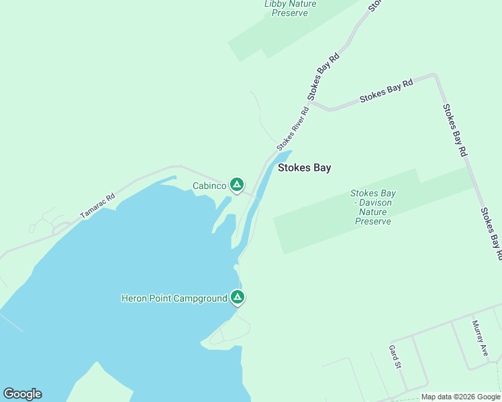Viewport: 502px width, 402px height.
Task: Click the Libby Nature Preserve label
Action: pos(290,8)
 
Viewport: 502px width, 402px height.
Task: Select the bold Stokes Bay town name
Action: pos(304,168)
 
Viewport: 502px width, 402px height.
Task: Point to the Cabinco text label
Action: pos(209,186)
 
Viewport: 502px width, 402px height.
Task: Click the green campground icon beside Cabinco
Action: pos(236,184)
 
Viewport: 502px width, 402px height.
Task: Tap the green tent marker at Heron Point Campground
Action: pos(236,297)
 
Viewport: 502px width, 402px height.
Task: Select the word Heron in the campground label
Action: pos(134,298)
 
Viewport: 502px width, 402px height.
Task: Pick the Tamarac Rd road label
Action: pos(98,206)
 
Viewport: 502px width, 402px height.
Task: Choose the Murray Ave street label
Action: pos(478,338)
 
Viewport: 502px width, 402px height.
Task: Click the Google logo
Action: pos(22,394)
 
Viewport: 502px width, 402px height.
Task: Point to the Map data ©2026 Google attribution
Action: pos(461,397)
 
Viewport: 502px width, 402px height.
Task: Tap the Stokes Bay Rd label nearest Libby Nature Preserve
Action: pos(323,76)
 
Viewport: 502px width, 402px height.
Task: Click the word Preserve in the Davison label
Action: pos(372,221)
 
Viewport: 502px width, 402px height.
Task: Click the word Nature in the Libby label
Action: pos(304,4)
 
